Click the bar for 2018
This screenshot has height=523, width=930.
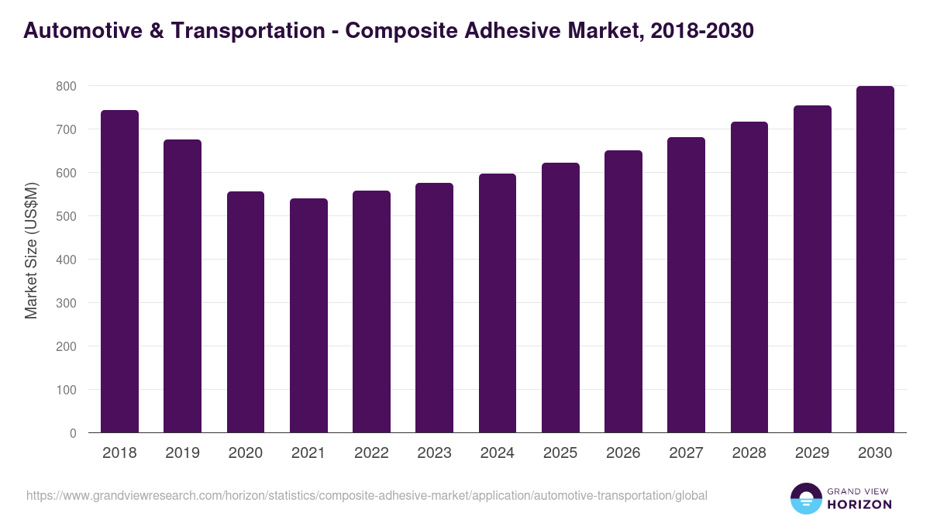click(x=120, y=271)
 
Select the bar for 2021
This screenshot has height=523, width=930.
click(x=308, y=315)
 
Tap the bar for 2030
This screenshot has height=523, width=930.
click(x=875, y=260)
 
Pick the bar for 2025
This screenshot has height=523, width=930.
click(x=560, y=298)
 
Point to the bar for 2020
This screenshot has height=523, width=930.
click(x=246, y=311)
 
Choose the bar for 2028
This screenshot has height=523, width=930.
click(x=749, y=277)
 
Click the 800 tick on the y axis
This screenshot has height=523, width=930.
click(x=66, y=86)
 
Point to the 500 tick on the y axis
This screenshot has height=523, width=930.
click(x=66, y=216)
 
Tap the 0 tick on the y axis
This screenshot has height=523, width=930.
click(x=73, y=433)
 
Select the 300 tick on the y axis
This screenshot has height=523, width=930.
click(x=66, y=303)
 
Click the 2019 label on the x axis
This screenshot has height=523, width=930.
click(x=182, y=453)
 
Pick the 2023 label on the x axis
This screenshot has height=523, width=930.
click(x=434, y=453)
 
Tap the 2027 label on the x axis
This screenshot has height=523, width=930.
click(x=686, y=453)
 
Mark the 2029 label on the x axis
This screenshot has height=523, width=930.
click(x=812, y=453)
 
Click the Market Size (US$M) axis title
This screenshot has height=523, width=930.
click(x=31, y=250)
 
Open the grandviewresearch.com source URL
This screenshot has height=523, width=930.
click(x=367, y=495)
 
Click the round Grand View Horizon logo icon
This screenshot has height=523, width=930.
click(x=805, y=498)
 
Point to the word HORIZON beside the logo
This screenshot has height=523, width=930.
click(x=860, y=504)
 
